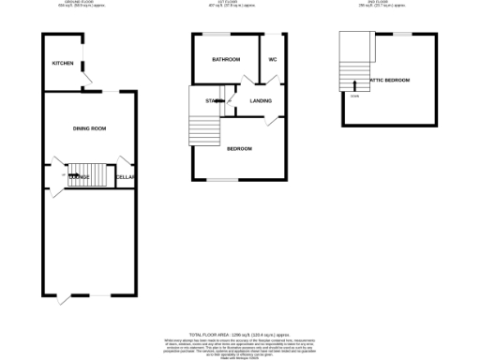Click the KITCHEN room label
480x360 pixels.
pyautogui.click(x=63, y=63)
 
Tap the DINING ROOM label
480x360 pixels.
pyautogui.click(x=89, y=127)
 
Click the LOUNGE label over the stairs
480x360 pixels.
pyautogui.click(x=79, y=176)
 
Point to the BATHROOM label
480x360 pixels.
pyautogui.click(x=225, y=59)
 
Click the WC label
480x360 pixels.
pyautogui.click(x=272, y=59)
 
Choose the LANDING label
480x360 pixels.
pyautogui.click(x=262, y=100)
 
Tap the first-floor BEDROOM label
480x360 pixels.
pyautogui.click(x=238, y=148)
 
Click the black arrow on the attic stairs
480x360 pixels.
pyautogui.click(x=354, y=83)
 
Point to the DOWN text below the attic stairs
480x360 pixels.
pyautogui.click(x=354, y=96)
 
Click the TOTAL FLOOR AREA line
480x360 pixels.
pyautogui.click(x=238, y=334)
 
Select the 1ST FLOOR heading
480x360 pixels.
pyautogui.click(x=239, y=5)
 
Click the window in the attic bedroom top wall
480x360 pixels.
pyautogui.click(x=401, y=34)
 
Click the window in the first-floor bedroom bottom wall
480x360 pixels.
pyautogui.click(x=222, y=179)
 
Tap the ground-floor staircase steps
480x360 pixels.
pyautogui.click(x=84, y=173)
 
